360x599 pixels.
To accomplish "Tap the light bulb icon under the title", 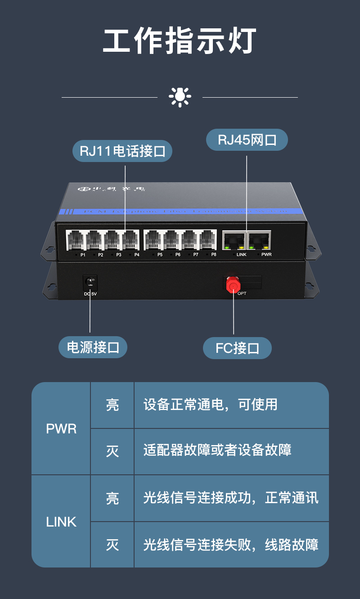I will (180, 96).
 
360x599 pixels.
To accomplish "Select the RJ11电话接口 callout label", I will (122, 151).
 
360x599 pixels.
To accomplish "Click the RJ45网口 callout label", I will (247, 140).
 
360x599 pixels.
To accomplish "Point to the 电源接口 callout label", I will (93, 347).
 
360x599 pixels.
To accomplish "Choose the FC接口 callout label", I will (237, 348).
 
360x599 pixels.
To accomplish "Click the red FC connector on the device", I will (233, 284).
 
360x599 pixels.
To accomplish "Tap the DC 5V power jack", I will (90, 283).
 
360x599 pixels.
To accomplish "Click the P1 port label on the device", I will (83, 255).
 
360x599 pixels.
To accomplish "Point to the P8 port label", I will (214, 255).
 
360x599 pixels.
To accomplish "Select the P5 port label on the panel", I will (160, 255).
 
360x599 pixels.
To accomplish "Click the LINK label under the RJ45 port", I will (241, 255).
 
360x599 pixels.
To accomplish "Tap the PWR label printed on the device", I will (266, 255).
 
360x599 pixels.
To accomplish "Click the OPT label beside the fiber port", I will (242, 293).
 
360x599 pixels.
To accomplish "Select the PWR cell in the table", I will (61, 428).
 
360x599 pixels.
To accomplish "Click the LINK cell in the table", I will (61, 522).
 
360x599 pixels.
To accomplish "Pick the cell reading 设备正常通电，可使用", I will (210, 405).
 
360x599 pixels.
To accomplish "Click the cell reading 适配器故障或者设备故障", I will (217, 450).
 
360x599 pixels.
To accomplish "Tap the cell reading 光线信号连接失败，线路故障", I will (231, 545).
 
